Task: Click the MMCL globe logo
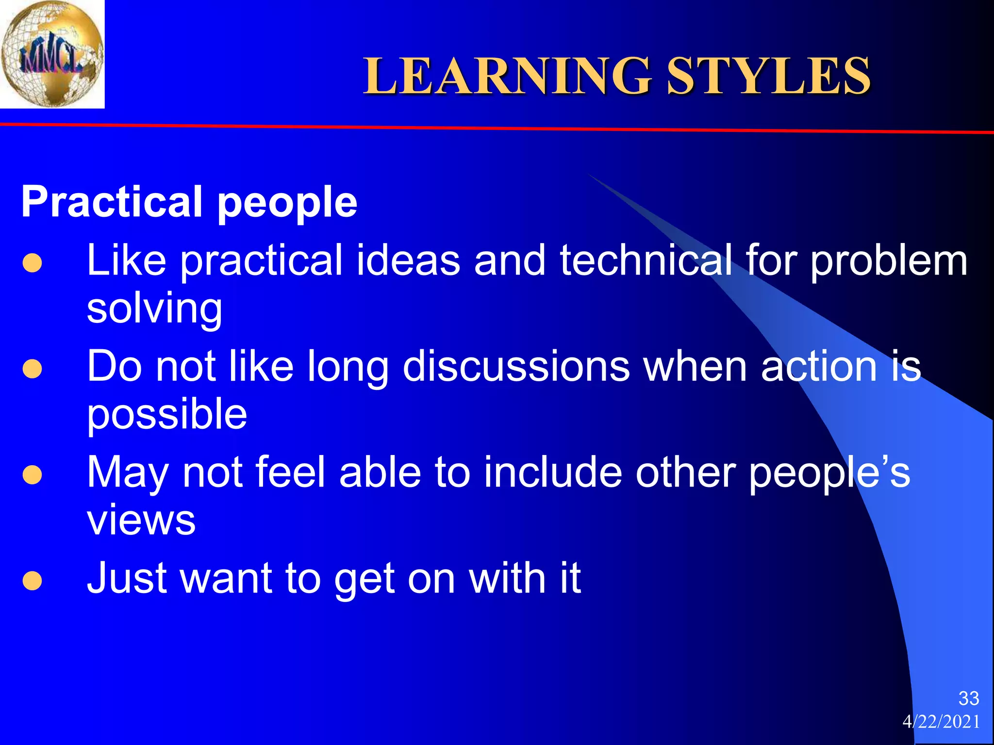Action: click(x=52, y=54)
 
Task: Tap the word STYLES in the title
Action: click(x=769, y=76)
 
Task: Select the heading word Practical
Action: click(x=111, y=202)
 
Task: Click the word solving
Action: click(x=154, y=309)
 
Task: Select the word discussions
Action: click(x=516, y=367)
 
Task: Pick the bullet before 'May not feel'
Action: click(x=32, y=475)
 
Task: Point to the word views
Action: click(x=141, y=520)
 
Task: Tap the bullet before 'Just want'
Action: click(x=32, y=581)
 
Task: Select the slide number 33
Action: click(x=968, y=698)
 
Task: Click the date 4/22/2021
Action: click(x=941, y=722)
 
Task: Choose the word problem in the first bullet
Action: click(x=889, y=261)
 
